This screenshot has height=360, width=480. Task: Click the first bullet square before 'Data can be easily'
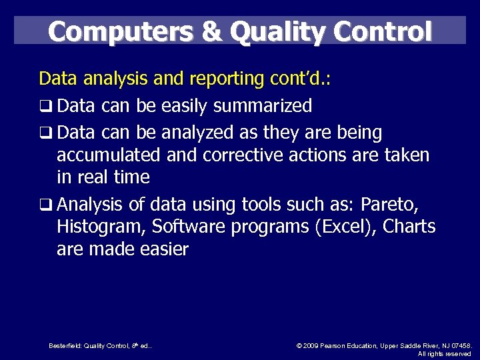click(x=45, y=107)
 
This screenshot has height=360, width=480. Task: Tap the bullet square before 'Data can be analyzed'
click(x=45, y=134)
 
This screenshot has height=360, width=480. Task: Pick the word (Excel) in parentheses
click(x=341, y=227)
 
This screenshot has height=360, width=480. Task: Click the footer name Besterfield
click(x=65, y=345)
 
